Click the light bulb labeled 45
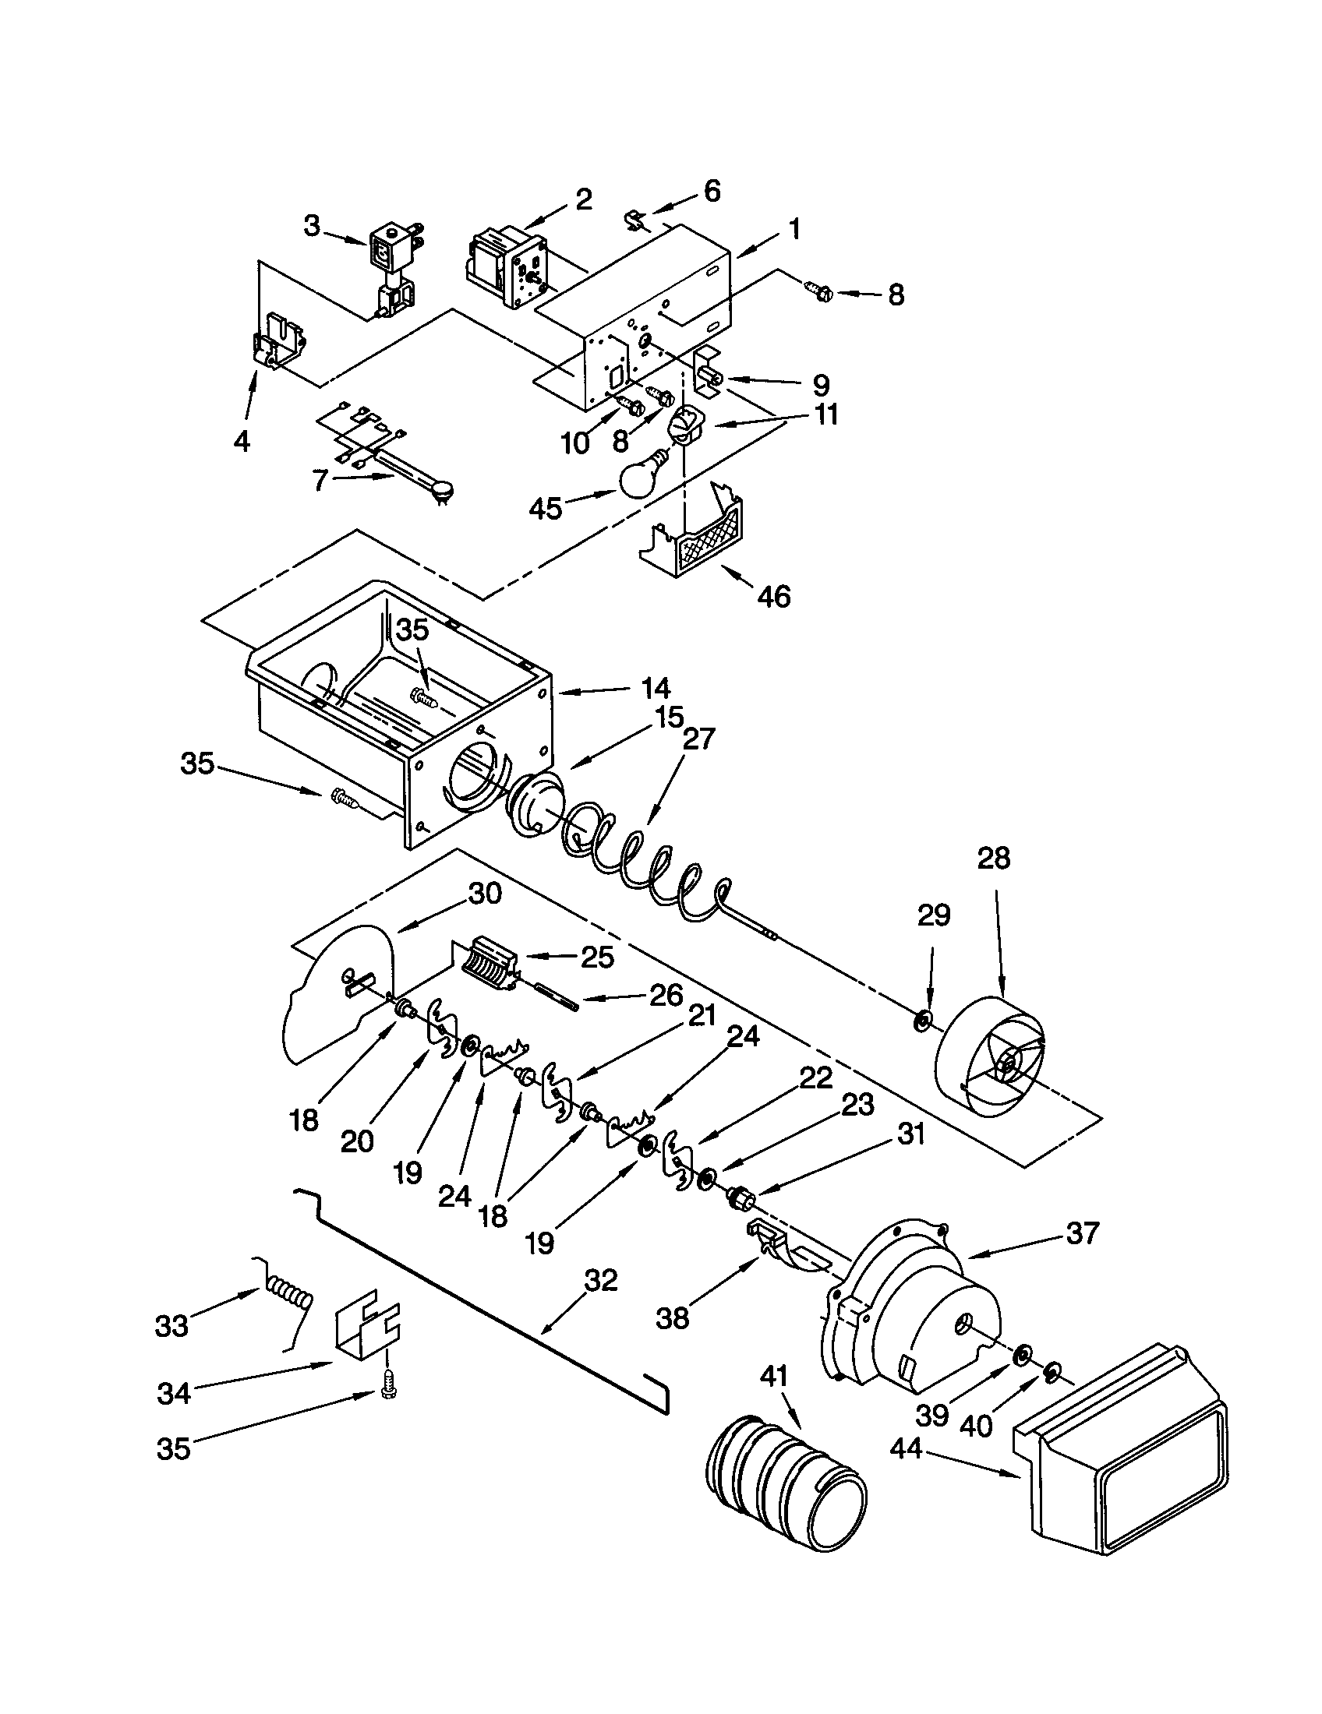point(642,476)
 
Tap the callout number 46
point(773,597)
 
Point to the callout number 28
point(994,858)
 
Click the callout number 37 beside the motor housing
point(1082,1233)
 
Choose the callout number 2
point(583,199)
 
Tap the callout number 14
point(656,688)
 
